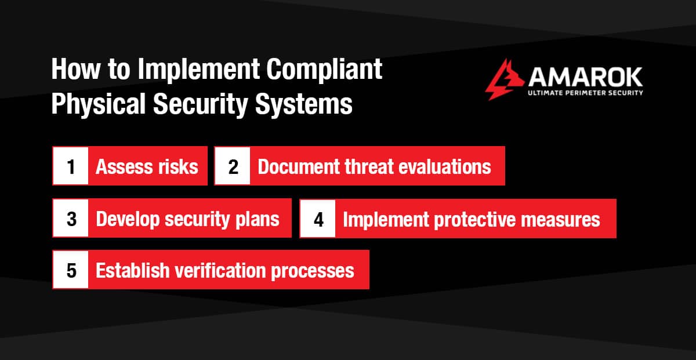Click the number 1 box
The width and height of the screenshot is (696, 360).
click(71, 167)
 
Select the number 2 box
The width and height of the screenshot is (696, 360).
click(233, 167)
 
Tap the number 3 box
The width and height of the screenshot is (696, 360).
click(71, 219)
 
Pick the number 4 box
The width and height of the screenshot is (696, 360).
click(318, 219)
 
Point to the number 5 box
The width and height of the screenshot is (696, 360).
click(71, 270)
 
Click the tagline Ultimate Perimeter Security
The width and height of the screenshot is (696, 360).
click(585, 93)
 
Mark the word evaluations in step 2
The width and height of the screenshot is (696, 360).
click(444, 167)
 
